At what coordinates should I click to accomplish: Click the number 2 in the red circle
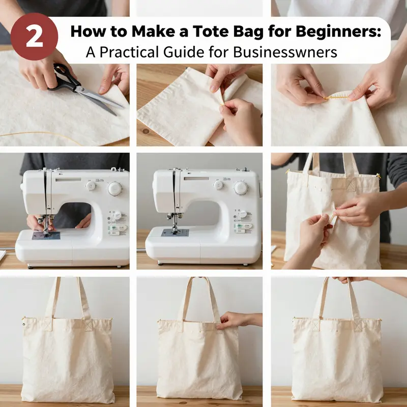[x=34, y=37]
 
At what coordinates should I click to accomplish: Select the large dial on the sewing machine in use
[x=114, y=188]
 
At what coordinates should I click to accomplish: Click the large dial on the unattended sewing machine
[x=241, y=188]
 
